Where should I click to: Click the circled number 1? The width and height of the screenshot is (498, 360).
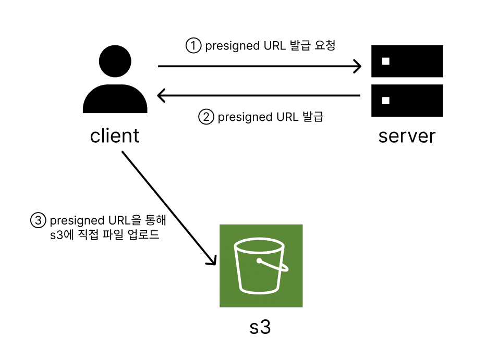tap(193, 46)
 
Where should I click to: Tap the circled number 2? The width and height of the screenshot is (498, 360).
tap(206, 117)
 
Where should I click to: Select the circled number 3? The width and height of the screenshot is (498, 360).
tap(38, 220)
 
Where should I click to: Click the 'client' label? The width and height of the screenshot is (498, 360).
tap(115, 136)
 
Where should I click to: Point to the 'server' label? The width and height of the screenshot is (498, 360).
tap(407, 136)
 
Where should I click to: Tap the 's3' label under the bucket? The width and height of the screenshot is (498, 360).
tap(260, 328)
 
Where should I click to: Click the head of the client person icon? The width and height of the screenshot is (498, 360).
tap(115, 63)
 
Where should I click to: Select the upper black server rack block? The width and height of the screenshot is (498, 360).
tap(407, 61)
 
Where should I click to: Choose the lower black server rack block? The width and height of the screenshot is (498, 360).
tap(407, 101)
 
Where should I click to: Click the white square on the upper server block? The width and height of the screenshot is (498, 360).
tap(386, 61)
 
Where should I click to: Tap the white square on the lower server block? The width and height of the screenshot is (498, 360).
tap(386, 100)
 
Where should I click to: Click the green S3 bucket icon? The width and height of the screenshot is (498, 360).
tap(261, 266)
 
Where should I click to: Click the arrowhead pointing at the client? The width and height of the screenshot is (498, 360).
tap(161, 95)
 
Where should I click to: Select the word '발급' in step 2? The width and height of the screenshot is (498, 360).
tap(313, 117)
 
